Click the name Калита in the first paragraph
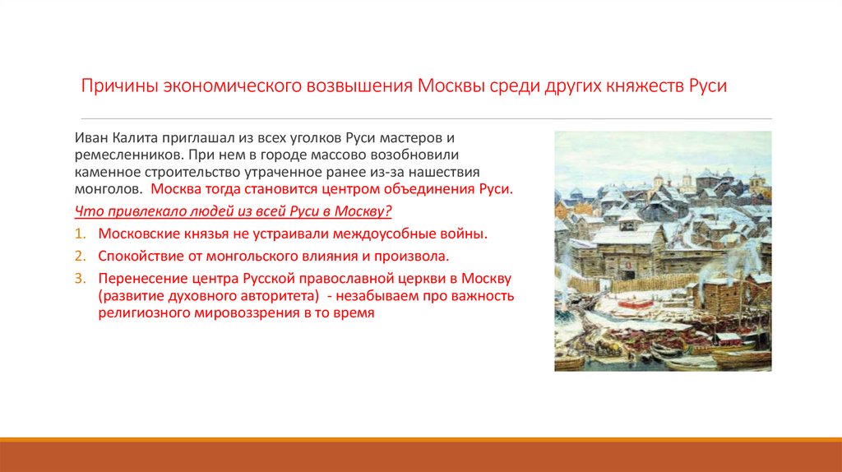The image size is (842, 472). click(135, 139)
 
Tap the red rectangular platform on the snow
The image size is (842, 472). click(625, 305)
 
